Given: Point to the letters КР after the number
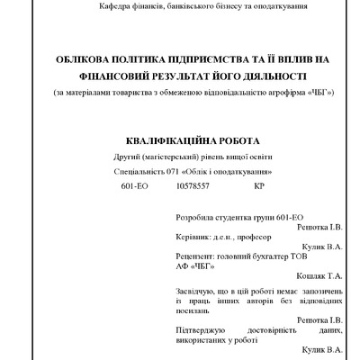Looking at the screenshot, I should (x=259, y=186).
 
